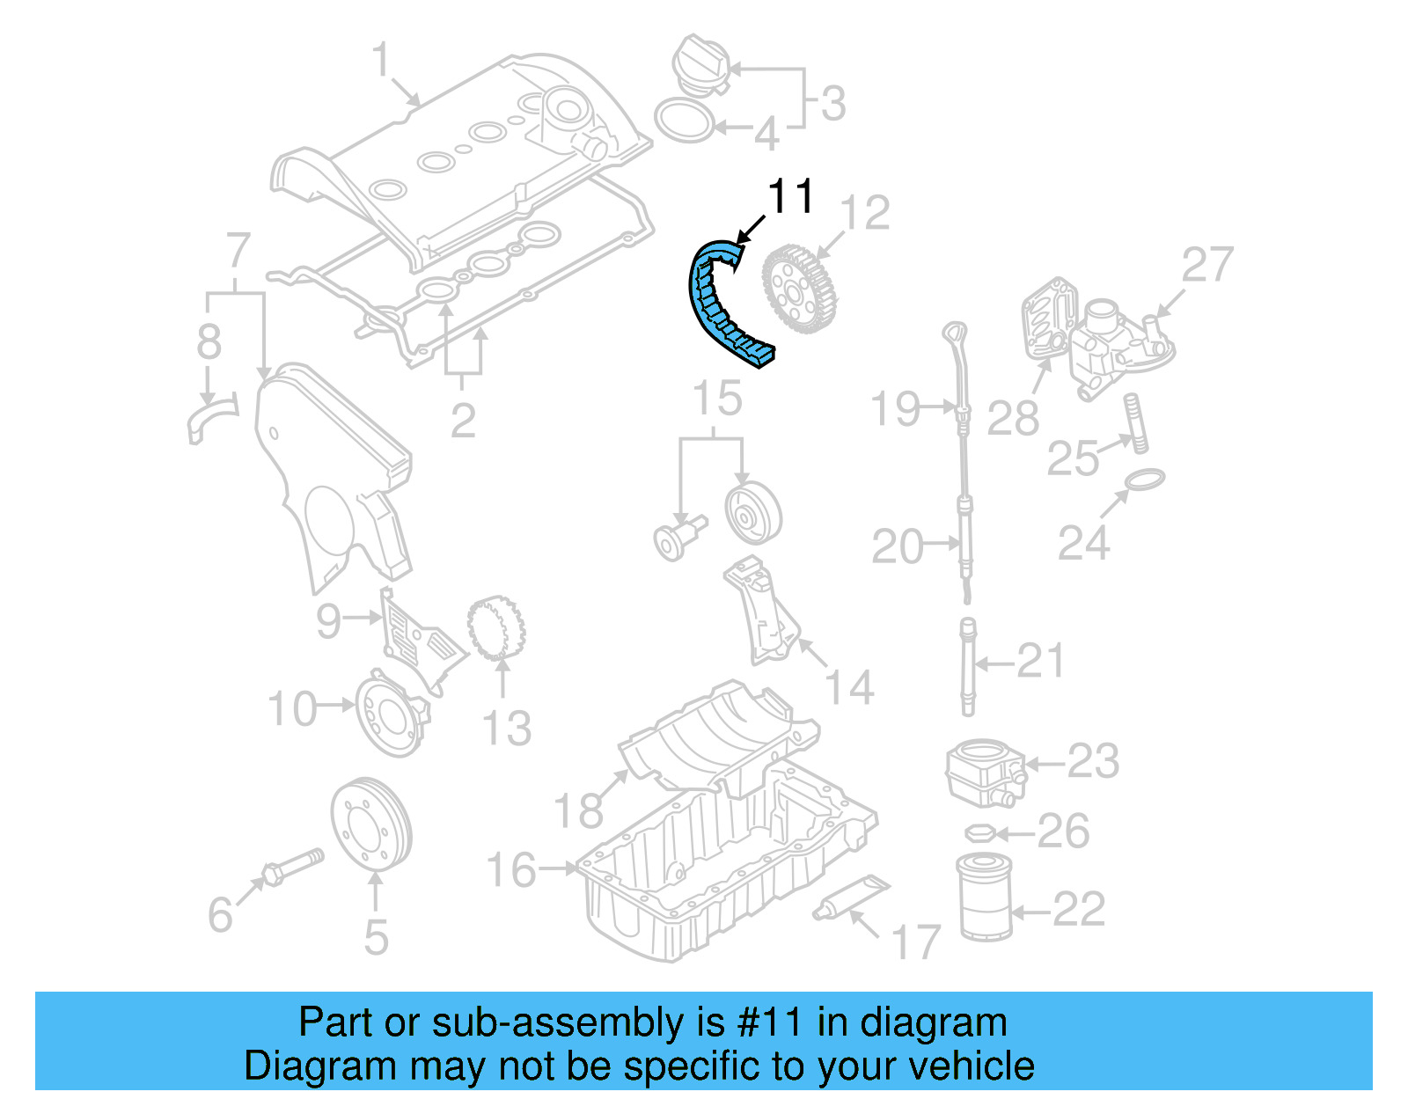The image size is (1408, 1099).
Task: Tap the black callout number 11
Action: point(790,197)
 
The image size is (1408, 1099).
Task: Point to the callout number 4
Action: point(766,134)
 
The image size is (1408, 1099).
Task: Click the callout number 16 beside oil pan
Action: point(511,870)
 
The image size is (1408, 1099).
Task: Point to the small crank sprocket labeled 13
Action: point(496,628)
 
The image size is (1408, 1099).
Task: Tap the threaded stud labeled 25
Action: point(1134,423)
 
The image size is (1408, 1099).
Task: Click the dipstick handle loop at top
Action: point(955,333)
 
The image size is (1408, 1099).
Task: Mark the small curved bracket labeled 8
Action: point(211,421)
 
